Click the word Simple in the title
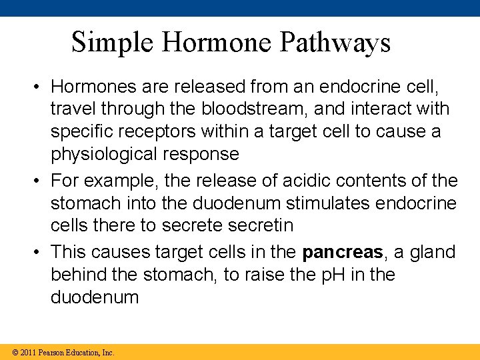point(113,43)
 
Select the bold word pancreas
point(343,252)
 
